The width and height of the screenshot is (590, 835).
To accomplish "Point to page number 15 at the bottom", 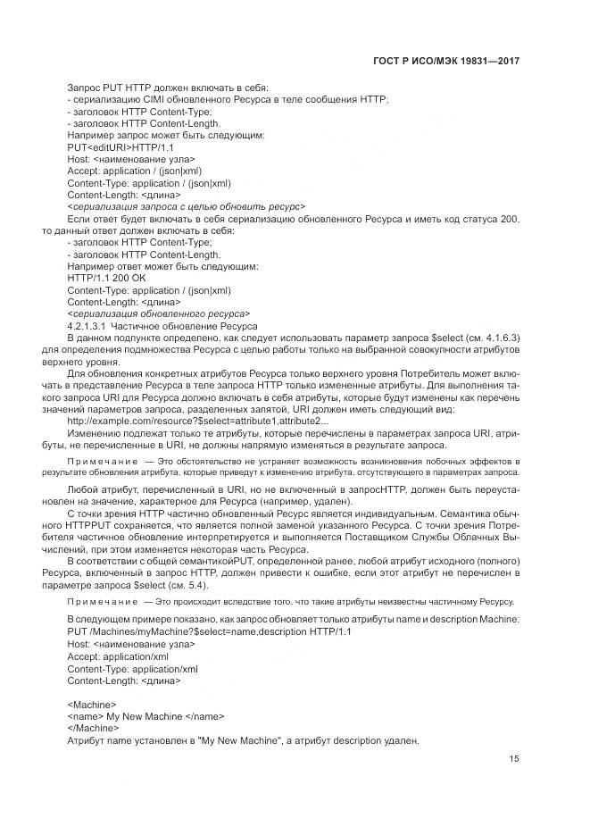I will point(514,759).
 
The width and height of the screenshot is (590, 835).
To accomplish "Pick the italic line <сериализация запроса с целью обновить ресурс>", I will point(186,205).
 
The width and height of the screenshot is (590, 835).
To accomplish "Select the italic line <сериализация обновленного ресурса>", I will point(158,313).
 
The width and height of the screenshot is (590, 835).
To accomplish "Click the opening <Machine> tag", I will point(91,704).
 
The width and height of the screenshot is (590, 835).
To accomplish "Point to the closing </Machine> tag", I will point(93,727).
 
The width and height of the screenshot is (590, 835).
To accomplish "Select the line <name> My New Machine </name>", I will point(145,715).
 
